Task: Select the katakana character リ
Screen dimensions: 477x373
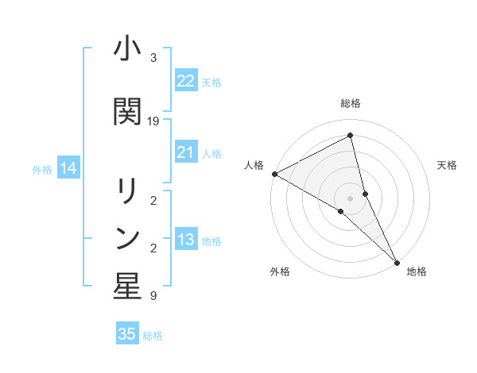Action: click(x=127, y=192)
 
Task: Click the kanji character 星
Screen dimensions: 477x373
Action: click(x=127, y=287)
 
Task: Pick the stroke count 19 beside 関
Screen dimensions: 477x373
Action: click(x=153, y=121)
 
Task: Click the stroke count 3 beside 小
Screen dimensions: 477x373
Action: click(x=153, y=58)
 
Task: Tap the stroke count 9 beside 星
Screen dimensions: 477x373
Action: click(x=153, y=296)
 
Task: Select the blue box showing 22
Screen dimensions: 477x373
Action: click(x=186, y=80)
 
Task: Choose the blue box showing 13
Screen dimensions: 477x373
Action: click(x=186, y=240)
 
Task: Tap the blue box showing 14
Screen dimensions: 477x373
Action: click(x=68, y=168)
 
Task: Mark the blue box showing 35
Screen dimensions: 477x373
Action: click(x=127, y=334)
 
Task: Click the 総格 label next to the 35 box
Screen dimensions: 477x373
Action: click(x=153, y=336)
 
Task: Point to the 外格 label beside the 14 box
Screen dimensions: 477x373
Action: click(x=42, y=169)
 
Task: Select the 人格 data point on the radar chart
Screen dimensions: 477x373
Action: click(x=274, y=174)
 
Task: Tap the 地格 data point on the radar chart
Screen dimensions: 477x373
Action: click(x=396, y=261)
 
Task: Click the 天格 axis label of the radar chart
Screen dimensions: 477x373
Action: click(x=447, y=165)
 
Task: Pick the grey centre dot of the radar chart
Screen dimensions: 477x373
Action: click(x=351, y=198)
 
